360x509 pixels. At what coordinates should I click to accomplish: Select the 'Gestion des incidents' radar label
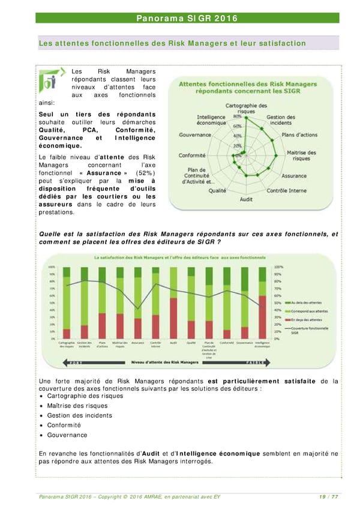tap(281, 120)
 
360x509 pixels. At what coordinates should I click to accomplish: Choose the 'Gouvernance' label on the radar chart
tap(195, 135)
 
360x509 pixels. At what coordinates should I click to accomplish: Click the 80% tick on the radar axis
tap(238, 116)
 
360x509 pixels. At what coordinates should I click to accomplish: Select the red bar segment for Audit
tap(173, 318)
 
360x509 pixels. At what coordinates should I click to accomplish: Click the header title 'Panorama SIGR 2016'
tap(187, 18)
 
